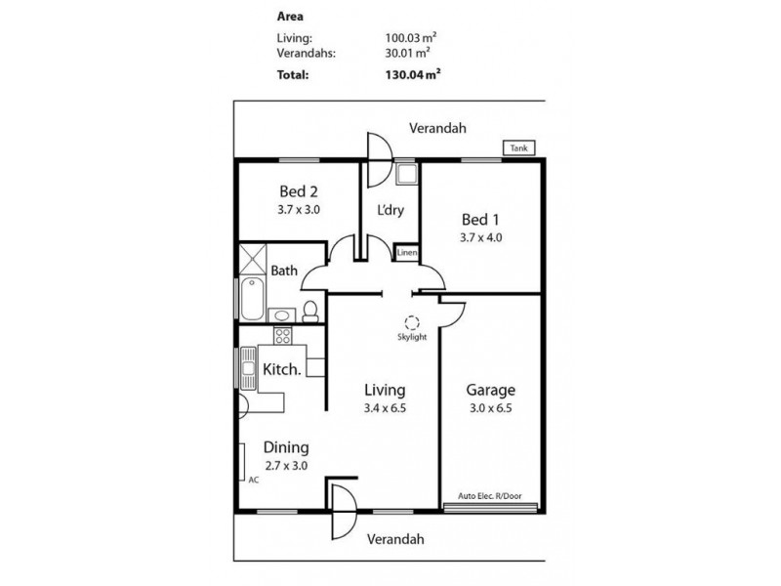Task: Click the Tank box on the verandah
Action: (x=519, y=148)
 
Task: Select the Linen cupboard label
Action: (x=407, y=253)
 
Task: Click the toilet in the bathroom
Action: (x=310, y=312)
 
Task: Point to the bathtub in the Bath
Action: (x=252, y=299)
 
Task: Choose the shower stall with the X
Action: (x=253, y=259)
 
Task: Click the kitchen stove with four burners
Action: (x=283, y=335)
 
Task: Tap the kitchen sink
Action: (x=248, y=368)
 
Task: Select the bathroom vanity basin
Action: (x=282, y=315)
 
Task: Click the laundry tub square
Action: (x=405, y=175)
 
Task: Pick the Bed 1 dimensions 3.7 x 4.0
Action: (x=480, y=237)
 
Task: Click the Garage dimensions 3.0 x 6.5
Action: (x=491, y=408)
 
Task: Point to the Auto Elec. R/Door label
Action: (x=490, y=496)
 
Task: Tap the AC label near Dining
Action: (x=254, y=481)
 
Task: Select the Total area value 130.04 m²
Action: (x=413, y=75)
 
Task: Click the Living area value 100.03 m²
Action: (x=411, y=37)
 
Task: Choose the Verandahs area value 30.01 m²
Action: (x=408, y=53)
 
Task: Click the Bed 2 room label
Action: (x=299, y=191)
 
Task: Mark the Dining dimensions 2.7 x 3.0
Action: (x=286, y=466)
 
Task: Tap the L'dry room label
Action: (x=390, y=210)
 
